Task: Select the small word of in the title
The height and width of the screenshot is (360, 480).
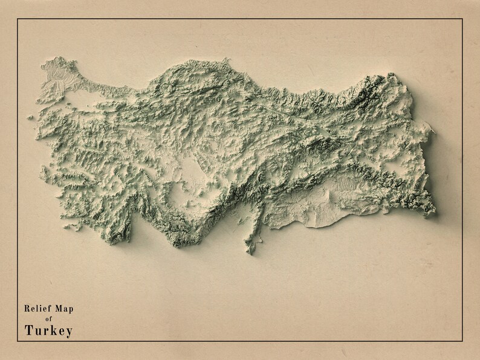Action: pyautogui.click(x=49, y=319)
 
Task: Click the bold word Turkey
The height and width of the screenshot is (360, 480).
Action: pyautogui.click(x=49, y=330)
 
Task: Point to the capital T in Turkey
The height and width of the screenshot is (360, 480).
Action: pyautogui.click(x=29, y=330)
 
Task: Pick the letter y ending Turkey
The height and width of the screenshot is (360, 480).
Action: pyautogui.click(x=69, y=332)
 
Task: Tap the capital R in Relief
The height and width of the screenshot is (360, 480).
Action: pyautogui.click(x=27, y=309)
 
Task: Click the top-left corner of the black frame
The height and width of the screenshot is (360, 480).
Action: pyautogui.click(x=18, y=19)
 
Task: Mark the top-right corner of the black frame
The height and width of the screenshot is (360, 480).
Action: pyautogui.click(x=462, y=19)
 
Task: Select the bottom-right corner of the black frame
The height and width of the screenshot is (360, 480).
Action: pyautogui.click(x=462, y=341)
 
